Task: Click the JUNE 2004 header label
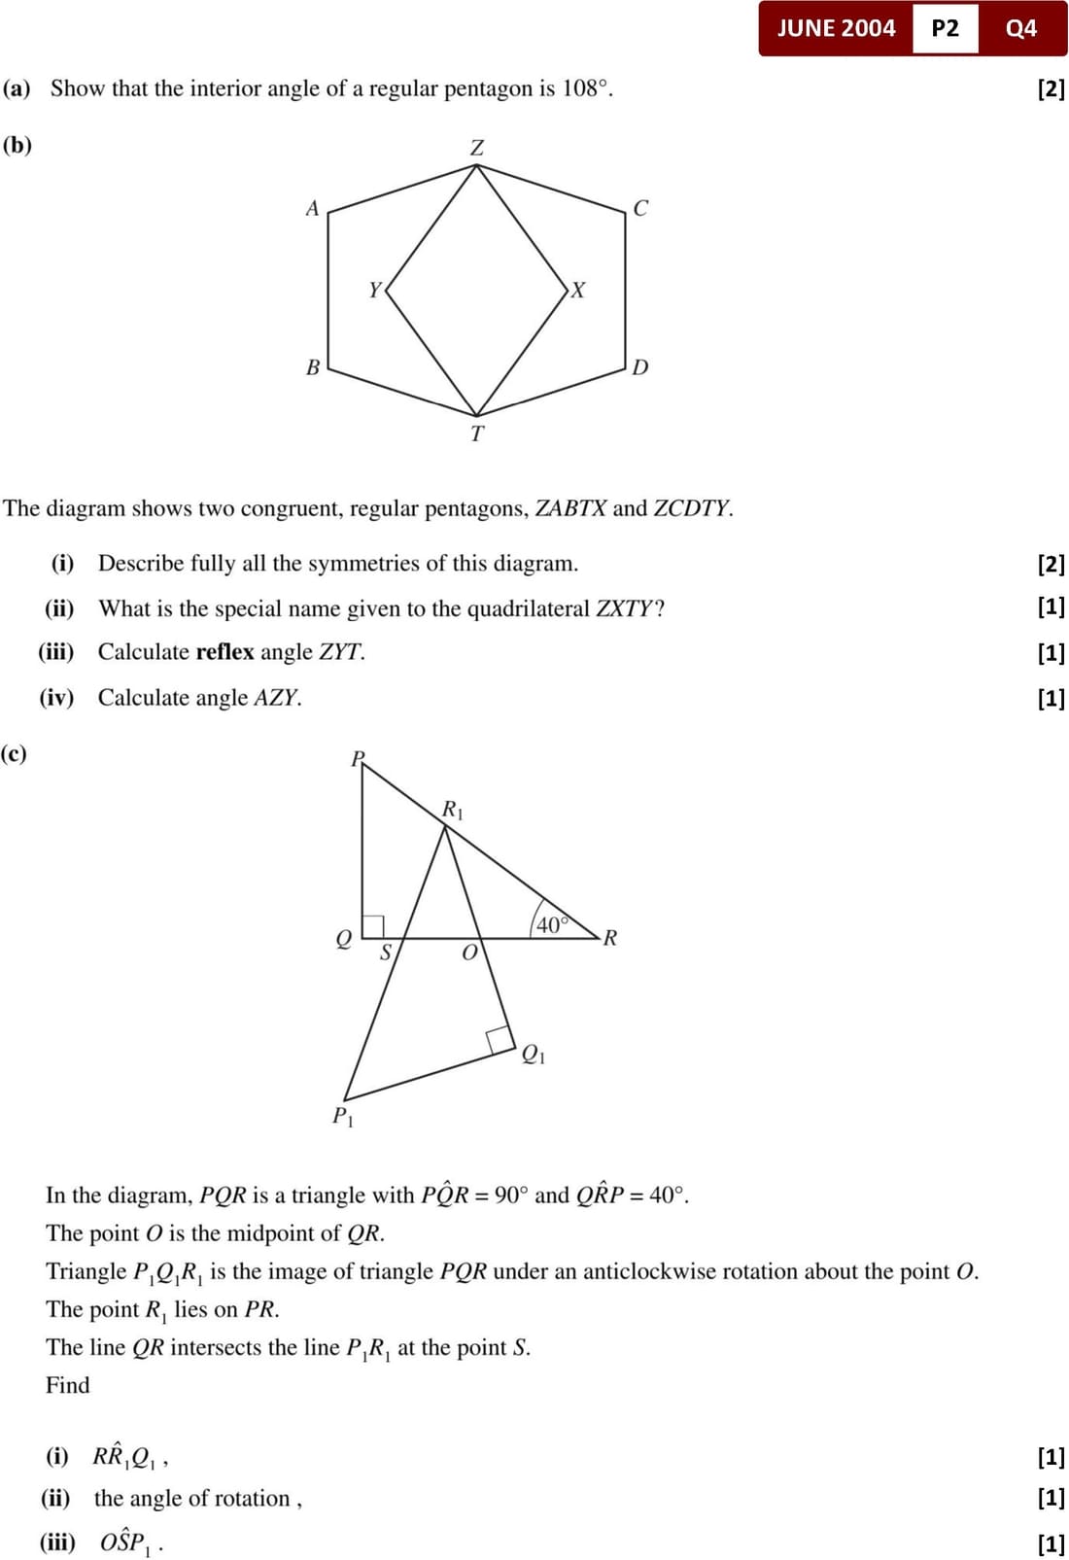pos(836,28)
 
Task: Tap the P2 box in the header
pos(945,28)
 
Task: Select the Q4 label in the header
pos(1021,28)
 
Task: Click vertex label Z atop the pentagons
pos(477,148)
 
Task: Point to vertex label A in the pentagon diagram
pos(312,208)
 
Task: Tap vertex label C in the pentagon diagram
pos(640,208)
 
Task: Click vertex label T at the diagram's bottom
pos(477,433)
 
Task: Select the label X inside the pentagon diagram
pos(578,290)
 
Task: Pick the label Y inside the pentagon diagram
pos(375,290)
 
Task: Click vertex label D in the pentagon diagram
pos(639,367)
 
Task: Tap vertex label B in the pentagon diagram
pos(312,367)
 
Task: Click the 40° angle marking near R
pos(551,924)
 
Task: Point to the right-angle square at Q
pos(373,926)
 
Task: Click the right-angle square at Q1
pos(500,1039)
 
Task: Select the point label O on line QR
pos(469,953)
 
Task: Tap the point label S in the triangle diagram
pos(385,953)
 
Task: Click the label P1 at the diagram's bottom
pos(343,1116)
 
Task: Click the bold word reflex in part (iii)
pos(224,651)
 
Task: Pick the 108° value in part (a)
pos(586,88)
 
